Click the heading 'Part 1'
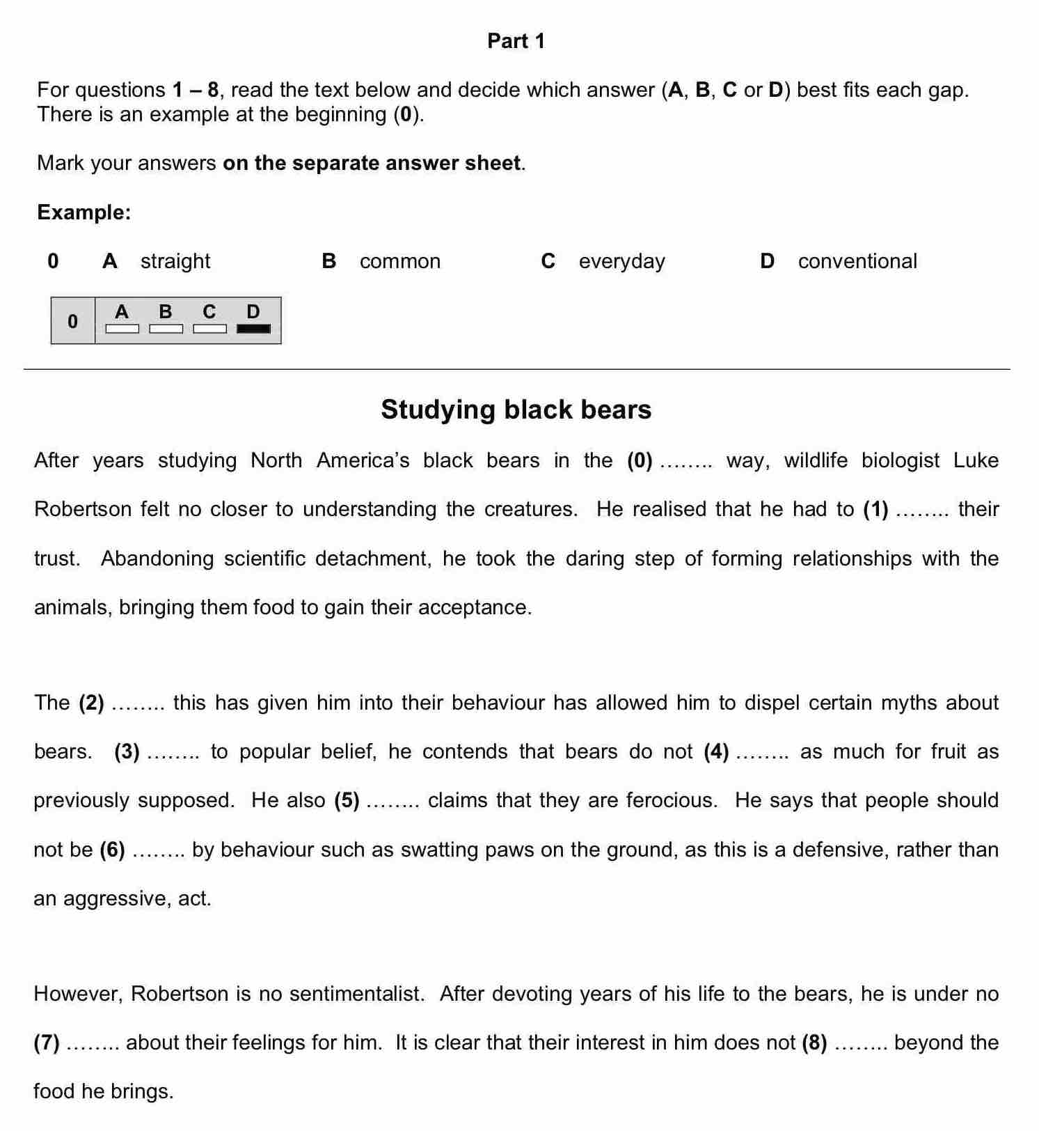pyautogui.click(x=516, y=41)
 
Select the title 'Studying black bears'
pyautogui.click(x=516, y=409)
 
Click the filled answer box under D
pyautogui.click(x=253, y=329)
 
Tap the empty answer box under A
pyautogui.click(x=122, y=329)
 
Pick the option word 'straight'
pyautogui.click(x=175, y=261)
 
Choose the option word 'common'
pyautogui.click(x=400, y=261)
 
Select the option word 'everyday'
pyautogui.click(x=622, y=261)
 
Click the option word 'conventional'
pyautogui.click(x=857, y=261)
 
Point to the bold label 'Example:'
pyautogui.click(x=84, y=212)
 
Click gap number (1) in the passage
pyautogui.click(x=875, y=509)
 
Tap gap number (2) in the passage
pyautogui.click(x=91, y=703)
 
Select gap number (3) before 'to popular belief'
pyautogui.click(x=127, y=751)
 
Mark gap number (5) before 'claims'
pyautogui.click(x=347, y=800)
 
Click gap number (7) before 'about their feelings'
pyautogui.click(x=47, y=1043)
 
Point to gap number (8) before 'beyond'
pyautogui.click(x=814, y=1043)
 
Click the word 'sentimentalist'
pyautogui.click(x=356, y=994)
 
